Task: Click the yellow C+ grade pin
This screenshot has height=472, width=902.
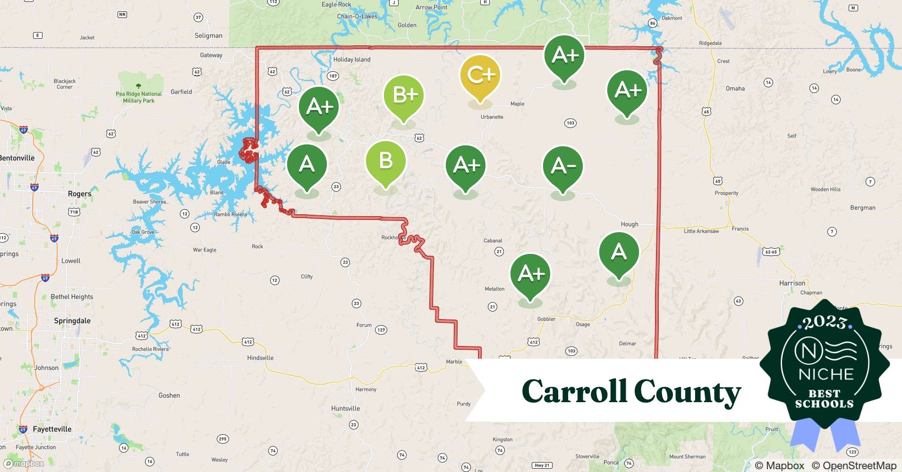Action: click(480, 76)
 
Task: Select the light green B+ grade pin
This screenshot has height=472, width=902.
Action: click(404, 95)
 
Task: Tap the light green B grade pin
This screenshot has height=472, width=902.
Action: click(385, 161)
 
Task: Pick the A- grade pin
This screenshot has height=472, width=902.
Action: click(562, 167)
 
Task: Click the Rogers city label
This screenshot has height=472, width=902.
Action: click(79, 194)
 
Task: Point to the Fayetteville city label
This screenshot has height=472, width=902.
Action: click(52, 429)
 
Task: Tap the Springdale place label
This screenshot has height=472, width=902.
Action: click(72, 321)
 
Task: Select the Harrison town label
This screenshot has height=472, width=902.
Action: click(792, 283)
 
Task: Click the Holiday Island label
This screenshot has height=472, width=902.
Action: click(352, 59)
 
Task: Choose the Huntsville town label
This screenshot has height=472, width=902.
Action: click(345, 409)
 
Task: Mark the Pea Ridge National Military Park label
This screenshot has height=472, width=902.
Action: click(138, 97)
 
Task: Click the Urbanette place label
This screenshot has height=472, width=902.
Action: click(492, 117)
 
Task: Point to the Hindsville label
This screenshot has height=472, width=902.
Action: click(260, 358)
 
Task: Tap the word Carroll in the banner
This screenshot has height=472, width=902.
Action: click(574, 392)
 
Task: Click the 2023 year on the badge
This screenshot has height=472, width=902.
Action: click(825, 323)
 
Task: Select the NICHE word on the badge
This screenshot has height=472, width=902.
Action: click(826, 374)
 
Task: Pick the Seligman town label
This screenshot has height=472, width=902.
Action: click(208, 35)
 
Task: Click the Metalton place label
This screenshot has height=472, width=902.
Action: click(494, 289)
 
